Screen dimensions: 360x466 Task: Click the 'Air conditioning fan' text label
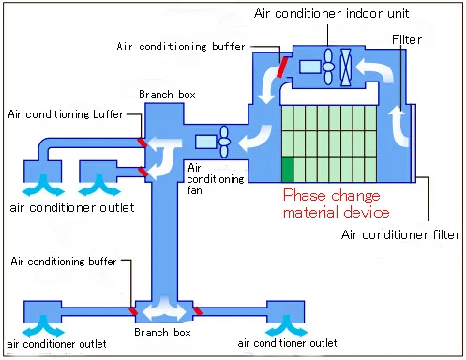(209, 178)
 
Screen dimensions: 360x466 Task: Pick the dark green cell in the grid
(288, 171)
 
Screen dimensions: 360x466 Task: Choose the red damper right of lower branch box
(197, 308)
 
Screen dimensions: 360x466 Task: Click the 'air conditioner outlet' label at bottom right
(287, 344)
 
